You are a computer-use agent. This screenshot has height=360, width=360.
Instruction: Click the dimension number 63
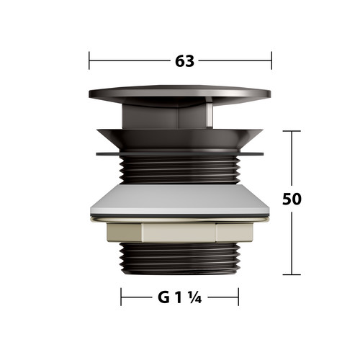(x=184, y=61)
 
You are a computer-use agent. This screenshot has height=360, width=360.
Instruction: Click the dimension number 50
(x=292, y=199)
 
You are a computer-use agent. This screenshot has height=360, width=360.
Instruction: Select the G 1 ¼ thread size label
(x=179, y=297)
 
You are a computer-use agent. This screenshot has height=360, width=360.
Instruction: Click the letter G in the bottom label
(x=163, y=297)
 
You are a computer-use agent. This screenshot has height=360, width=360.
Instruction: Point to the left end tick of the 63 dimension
(x=89, y=60)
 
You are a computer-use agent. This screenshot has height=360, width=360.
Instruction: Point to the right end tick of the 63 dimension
(x=271, y=60)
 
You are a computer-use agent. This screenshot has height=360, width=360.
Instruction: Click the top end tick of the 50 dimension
(x=292, y=131)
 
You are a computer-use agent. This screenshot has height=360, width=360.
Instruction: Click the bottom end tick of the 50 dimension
(x=292, y=274)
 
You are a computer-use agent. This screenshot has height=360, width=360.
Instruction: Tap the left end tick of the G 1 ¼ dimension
(x=121, y=297)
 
